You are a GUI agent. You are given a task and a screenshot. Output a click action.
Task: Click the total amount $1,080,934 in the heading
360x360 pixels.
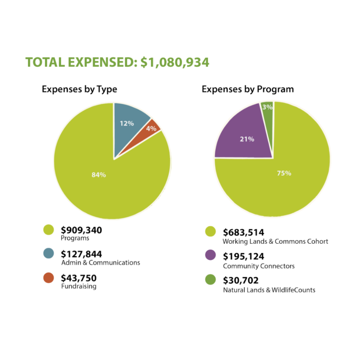click(175, 62)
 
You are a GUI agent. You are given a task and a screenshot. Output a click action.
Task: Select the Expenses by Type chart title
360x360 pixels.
click(79, 89)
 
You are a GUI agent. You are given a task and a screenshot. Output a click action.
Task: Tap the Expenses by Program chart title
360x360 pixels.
click(247, 89)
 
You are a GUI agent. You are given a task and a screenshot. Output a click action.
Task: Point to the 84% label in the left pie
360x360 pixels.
click(98, 175)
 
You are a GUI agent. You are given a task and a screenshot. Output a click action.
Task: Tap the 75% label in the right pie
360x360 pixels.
click(284, 173)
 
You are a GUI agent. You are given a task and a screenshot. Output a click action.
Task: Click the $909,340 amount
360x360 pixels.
click(81, 230)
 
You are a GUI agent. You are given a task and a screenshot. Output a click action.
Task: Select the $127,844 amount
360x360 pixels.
click(81, 254)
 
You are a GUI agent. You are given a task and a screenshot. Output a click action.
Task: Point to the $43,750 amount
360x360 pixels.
click(79, 278)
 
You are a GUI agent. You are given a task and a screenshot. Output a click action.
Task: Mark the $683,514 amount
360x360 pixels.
click(243, 232)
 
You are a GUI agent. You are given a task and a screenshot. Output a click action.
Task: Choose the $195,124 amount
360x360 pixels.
click(243, 256)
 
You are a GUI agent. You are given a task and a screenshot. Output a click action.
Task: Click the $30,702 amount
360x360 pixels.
click(241, 281)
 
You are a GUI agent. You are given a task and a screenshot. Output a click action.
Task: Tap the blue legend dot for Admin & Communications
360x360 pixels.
click(48, 254)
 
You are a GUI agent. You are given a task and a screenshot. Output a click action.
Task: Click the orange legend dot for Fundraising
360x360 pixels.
click(48, 278)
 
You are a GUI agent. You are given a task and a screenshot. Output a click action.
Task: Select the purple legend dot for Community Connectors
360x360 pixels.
click(210, 255)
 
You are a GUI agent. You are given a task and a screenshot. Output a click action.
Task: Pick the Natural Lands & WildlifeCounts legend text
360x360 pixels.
click(269, 290)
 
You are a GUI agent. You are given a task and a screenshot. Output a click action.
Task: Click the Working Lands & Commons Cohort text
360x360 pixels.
click(275, 241)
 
